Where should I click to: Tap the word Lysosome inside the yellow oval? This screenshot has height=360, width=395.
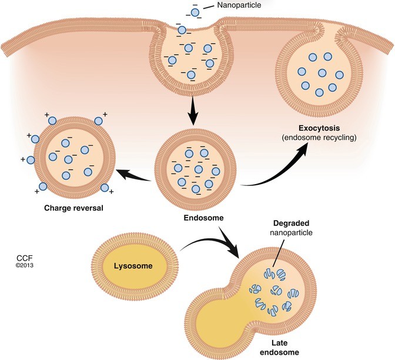tap(135, 266)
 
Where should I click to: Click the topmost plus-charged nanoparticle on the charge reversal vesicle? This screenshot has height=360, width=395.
tap(52, 121)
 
